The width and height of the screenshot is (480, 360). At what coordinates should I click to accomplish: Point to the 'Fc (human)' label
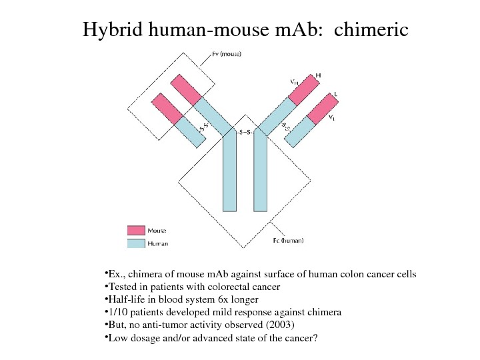click(x=288, y=241)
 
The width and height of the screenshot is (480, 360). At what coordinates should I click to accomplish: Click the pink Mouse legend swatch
click(x=136, y=231)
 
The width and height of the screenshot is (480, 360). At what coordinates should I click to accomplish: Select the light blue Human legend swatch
click(x=136, y=243)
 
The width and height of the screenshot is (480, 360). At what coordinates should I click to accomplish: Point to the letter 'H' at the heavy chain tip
click(x=318, y=75)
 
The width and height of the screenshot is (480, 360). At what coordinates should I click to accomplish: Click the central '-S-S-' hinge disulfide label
click(x=245, y=132)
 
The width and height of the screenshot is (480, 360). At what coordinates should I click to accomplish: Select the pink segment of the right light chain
click(x=323, y=107)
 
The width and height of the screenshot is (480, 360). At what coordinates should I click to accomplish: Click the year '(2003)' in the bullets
click(x=277, y=325)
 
